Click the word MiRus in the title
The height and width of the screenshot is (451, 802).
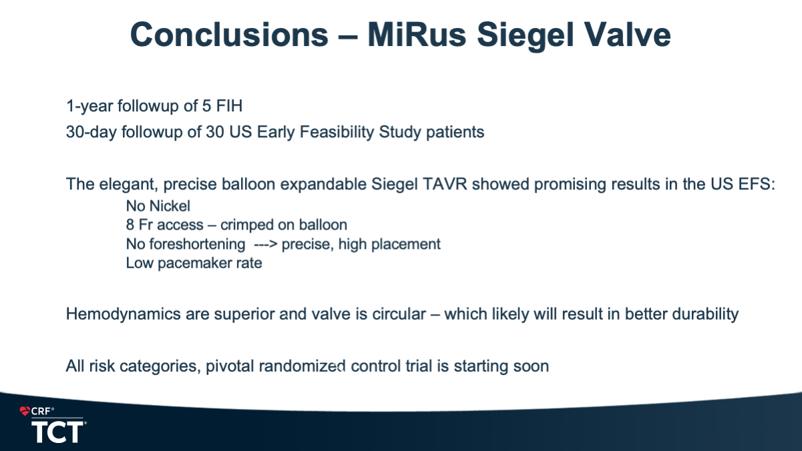417,35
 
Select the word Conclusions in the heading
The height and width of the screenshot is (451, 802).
229,35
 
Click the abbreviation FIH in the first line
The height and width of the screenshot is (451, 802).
229,106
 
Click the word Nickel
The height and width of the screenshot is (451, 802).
170,206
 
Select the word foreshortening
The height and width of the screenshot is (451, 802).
197,245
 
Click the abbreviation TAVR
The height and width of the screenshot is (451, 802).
445,184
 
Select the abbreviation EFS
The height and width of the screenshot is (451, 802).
757,184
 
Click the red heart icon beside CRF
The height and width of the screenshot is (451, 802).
25,411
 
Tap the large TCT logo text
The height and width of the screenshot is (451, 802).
57,432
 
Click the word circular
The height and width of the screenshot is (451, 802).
399,314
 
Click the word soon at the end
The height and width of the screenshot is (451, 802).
531,366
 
